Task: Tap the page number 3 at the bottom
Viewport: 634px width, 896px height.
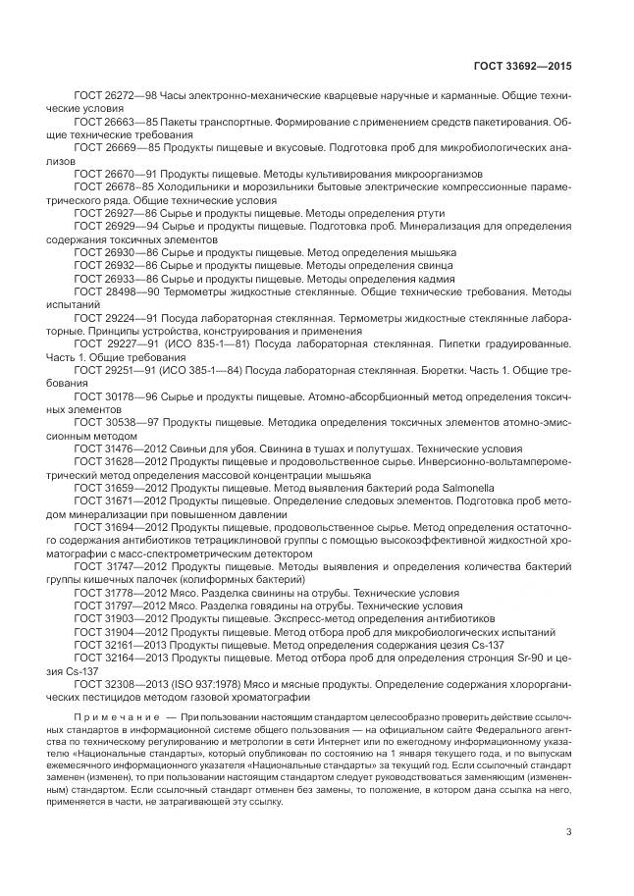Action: (568, 834)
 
